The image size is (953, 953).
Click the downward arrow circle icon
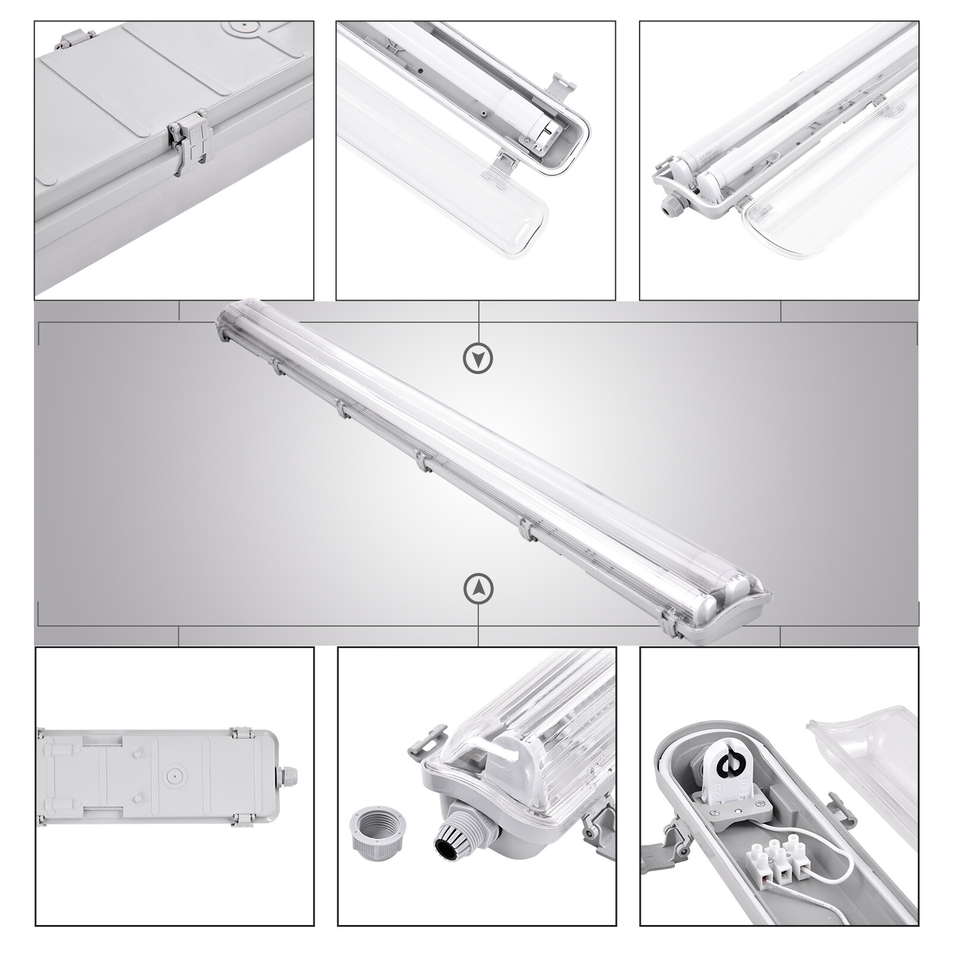(478, 358)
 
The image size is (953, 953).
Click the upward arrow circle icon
(478, 588)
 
